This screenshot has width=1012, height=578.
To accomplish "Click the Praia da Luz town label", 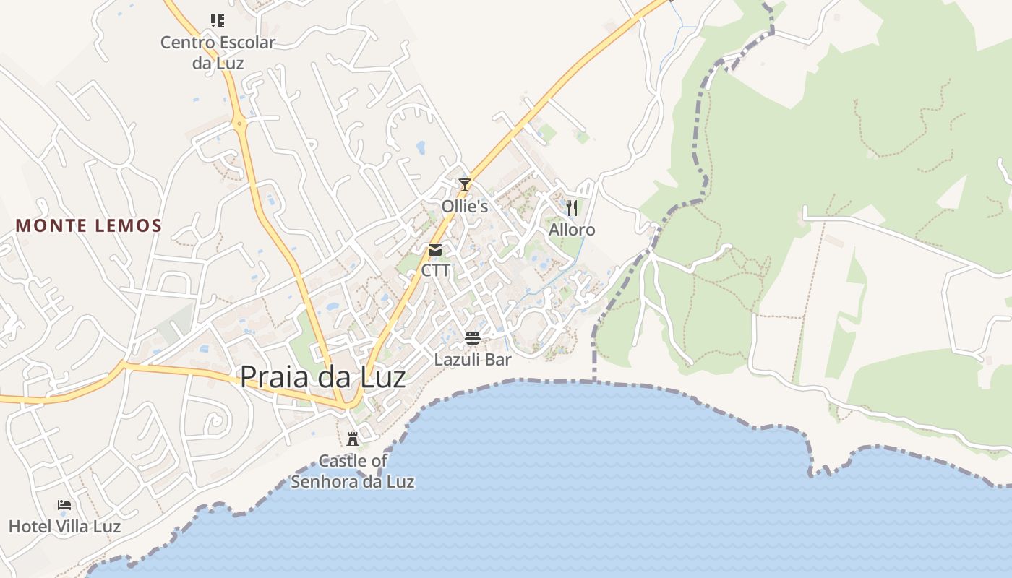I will click(x=322, y=377).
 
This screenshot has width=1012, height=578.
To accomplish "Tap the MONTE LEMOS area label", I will click(x=89, y=225).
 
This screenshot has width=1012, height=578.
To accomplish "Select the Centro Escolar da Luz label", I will click(x=218, y=52).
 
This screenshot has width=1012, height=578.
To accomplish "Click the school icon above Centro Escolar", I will click(x=218, y=20).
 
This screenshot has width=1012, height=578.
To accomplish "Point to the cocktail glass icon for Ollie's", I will click(x=465, y=185).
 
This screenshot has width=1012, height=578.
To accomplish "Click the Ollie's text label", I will click(x=465, y=207).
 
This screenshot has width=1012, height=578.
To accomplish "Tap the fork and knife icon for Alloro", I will click(x=572, y=208).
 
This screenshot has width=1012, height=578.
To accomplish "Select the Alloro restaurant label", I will click(x=572, y=230).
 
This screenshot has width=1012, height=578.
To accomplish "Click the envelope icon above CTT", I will click(x=435, y=250).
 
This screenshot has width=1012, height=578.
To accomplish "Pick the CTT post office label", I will click(x=435, y=271).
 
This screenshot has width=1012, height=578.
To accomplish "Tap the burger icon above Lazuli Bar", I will click(x=473, y=337).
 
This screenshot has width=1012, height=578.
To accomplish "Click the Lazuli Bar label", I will click(x=473, y=359).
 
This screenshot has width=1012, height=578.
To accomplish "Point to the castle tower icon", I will click(x=353, y=439).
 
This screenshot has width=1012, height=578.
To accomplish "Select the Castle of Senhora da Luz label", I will click(x=353, y=471).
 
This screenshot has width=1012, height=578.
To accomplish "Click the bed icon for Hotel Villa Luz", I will click(x=64, y=504).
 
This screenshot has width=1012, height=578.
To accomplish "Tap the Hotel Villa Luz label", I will click(x=64, y=526).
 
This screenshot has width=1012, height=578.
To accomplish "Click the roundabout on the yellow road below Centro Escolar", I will click(x=240, y=124).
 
